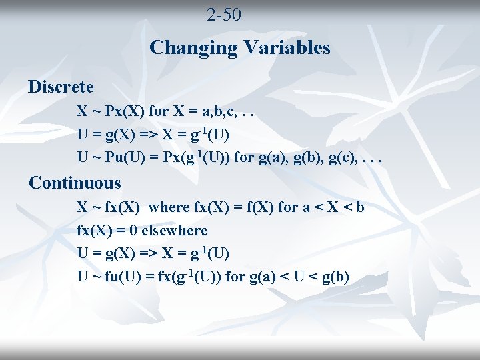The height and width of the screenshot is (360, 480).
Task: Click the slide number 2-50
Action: (x=224, y=15)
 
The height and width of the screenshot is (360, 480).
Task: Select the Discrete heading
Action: (x=61, y=87)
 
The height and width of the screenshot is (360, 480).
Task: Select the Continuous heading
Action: (x=75, y=183)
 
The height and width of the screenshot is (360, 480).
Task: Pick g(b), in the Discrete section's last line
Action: (x=327, y=159)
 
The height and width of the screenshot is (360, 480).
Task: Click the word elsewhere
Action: (x=175, y=231)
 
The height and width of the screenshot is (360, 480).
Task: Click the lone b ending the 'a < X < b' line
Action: (x=360, y=207)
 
